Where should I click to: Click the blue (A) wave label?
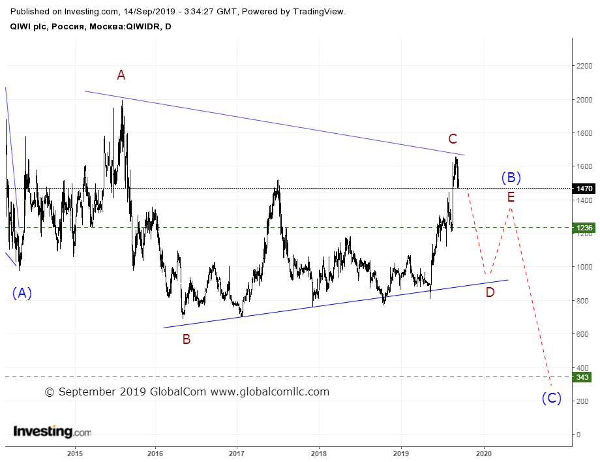tap(22, 293)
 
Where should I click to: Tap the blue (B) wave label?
tap(511, 177)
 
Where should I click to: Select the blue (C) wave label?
tap(551, 398)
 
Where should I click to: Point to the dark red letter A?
tap(121, 75)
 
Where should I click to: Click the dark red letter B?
tap(187, 339)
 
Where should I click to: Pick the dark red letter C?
tap(453, 138)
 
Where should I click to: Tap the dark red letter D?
tap(490, 292)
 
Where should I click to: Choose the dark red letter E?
tap(511, 197)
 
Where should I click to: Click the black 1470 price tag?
tap(584, 189)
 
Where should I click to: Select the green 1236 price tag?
tap(584, 228)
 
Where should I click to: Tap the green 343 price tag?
tap(582, 377)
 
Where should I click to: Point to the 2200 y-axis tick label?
tap(584, 66)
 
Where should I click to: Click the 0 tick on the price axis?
tap(578, 435)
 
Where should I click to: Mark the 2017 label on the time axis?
tap(237, 454)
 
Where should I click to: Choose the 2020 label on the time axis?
tap(484, 454)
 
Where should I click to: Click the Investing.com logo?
tap(52, 431)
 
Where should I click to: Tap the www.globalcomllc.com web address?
tap(270, 392)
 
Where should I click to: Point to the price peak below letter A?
tap(122, 100)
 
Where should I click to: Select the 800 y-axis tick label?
tap(582, 301)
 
